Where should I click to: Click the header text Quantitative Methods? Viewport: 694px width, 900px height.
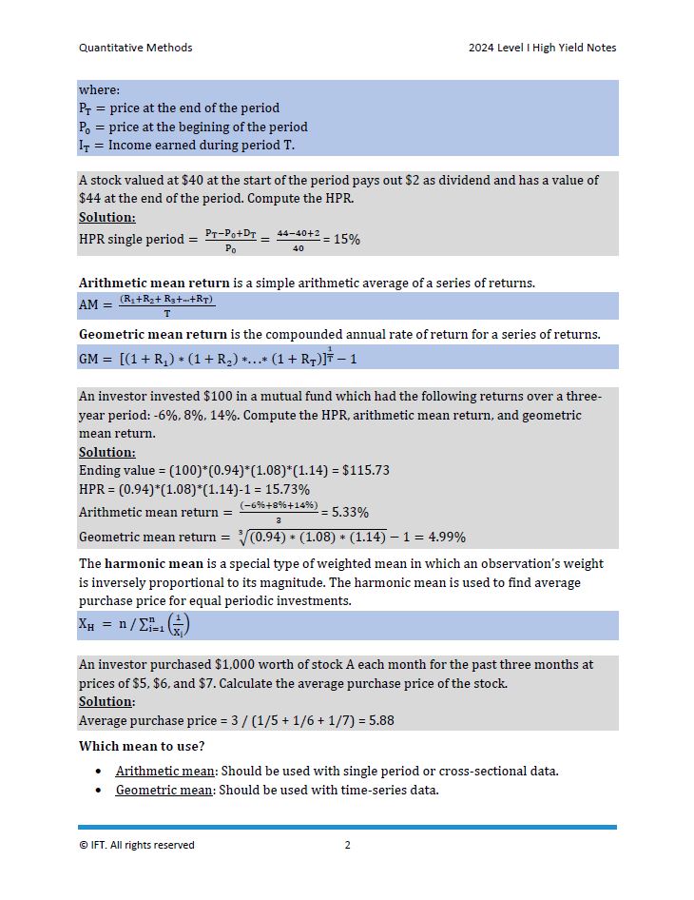tap(135, 48)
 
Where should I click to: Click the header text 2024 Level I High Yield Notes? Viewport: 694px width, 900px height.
tap(542, 48)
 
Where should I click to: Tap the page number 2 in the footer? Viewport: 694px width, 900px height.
tap(348, 845)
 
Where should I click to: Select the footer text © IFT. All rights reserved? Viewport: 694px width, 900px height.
tap(136, 845)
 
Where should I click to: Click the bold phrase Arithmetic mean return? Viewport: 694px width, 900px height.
tap(154, 283)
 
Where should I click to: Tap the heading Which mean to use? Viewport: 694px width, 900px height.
tap(141, 746)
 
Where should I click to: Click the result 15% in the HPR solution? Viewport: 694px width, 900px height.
tap(346, 240)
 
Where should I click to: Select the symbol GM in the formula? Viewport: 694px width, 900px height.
tap(90, 359)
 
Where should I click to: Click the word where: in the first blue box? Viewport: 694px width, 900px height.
tap(100, 89)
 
